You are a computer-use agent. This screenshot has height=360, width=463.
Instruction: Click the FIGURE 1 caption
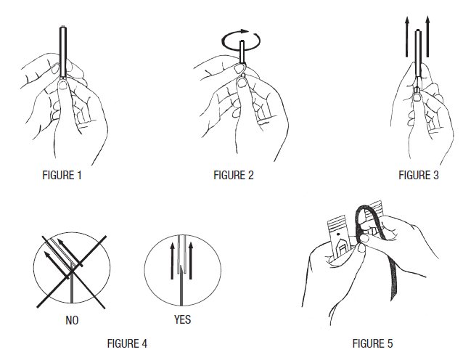point(62,175)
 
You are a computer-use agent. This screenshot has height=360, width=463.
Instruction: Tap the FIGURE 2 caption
point(234,175)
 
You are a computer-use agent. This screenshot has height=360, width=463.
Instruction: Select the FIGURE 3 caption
point(419,175)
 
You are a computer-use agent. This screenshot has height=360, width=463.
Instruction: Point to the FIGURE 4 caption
point(127,343)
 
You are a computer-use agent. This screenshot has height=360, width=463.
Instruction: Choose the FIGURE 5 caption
point(372,343)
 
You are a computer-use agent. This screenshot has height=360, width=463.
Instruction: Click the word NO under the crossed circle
point(72,320)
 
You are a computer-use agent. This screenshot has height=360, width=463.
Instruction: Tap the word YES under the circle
point(182,319)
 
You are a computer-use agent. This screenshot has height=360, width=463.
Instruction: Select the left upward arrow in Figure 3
point(407,36)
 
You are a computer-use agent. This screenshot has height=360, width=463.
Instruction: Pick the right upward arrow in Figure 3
point(427,36)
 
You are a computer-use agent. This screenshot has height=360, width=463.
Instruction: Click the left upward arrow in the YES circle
point(172,261)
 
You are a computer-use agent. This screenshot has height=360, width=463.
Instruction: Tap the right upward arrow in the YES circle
point(191,261)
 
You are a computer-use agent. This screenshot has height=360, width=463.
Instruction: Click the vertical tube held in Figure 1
point(63,52)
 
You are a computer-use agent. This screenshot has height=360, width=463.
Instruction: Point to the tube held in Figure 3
point(418,59)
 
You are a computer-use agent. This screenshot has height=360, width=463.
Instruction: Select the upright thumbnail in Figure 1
point(63,85)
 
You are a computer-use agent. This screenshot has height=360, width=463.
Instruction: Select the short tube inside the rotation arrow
point(242,52)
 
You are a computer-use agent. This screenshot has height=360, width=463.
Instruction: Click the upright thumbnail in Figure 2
point(242,83)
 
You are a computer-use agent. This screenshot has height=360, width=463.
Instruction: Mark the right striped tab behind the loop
point(375,212)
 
